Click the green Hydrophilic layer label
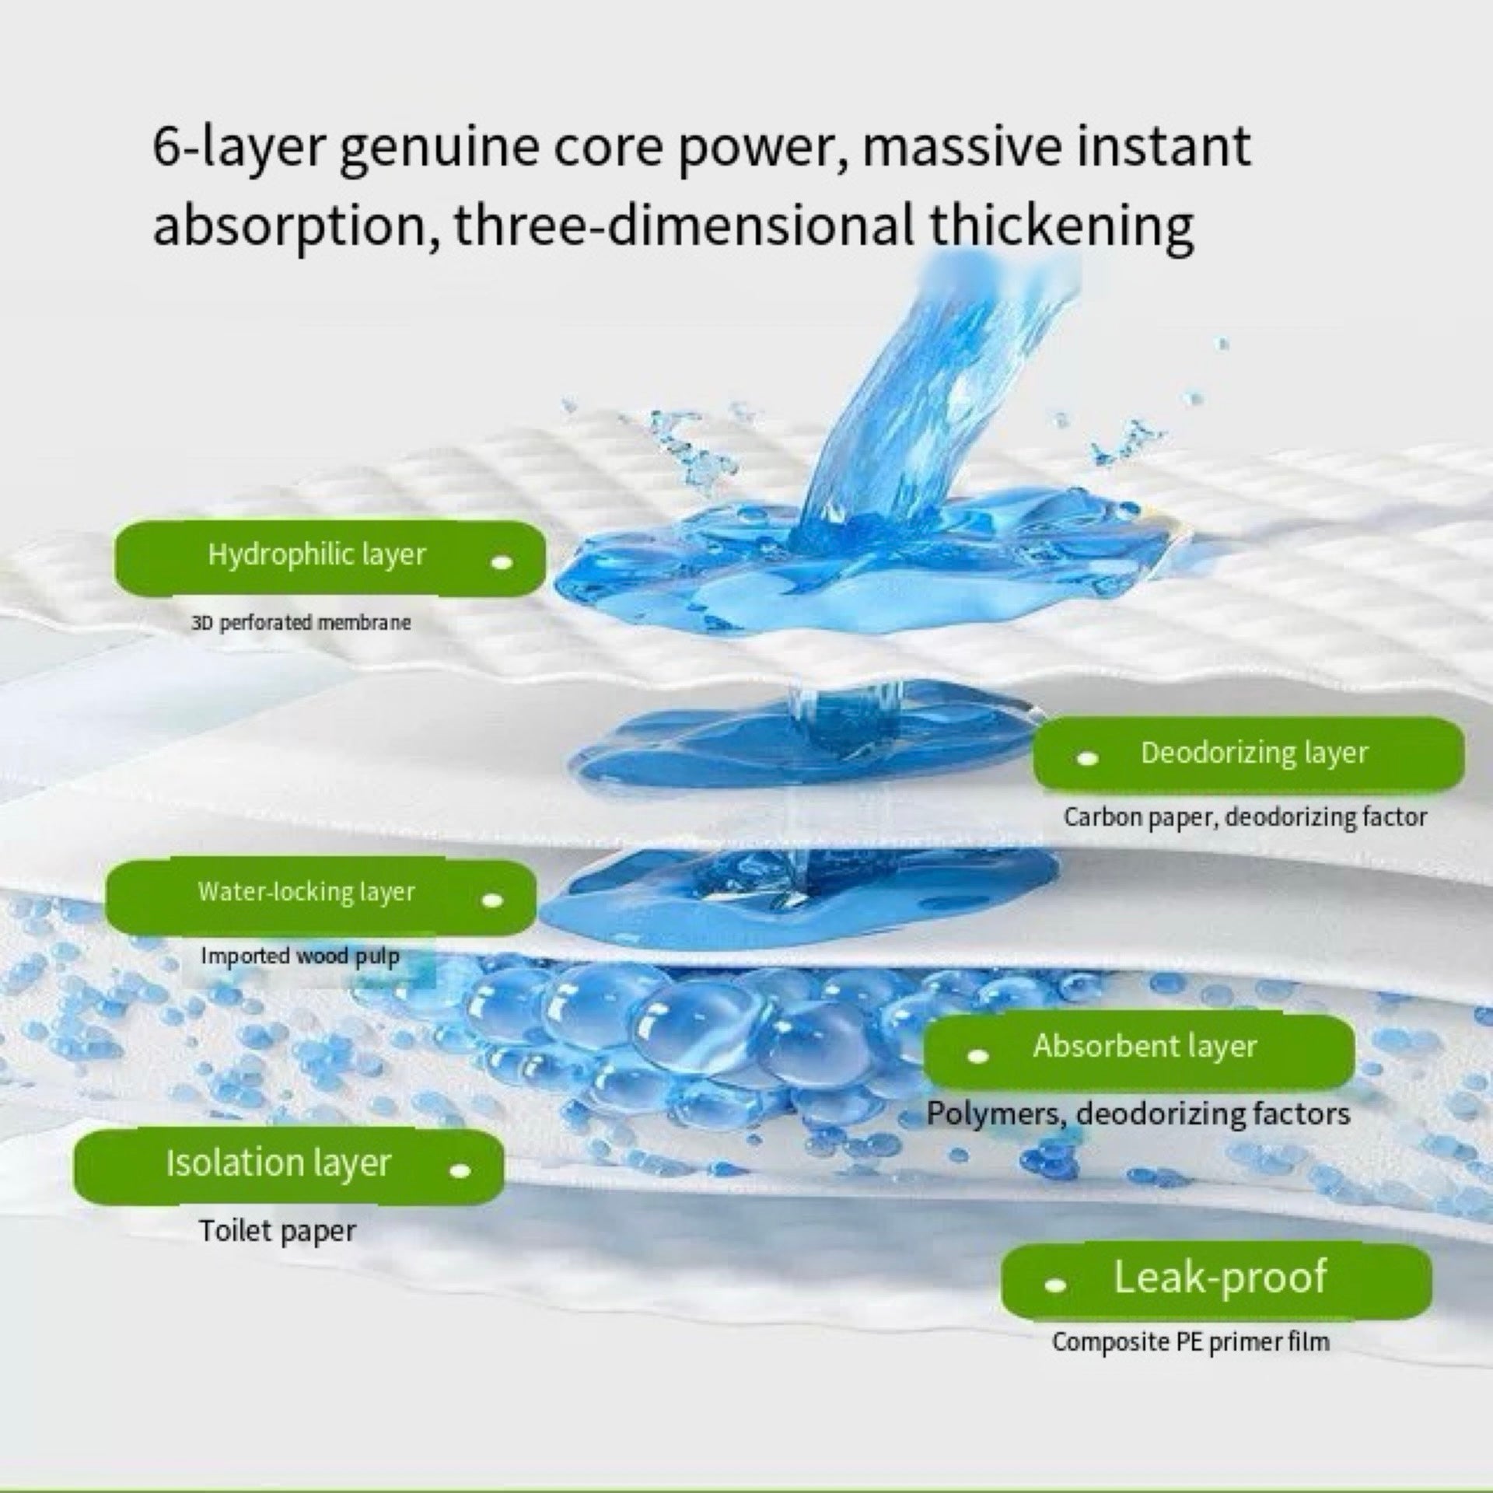329,558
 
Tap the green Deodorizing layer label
1248,754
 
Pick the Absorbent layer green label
1138,1051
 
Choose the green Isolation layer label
288,1166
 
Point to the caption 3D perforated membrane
301,623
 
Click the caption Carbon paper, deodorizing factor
1245,817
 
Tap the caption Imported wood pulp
300,956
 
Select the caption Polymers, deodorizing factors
1138,1114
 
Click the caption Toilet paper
277,1231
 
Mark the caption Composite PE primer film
1191,1342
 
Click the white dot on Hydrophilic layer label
503,561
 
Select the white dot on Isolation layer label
461,1170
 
